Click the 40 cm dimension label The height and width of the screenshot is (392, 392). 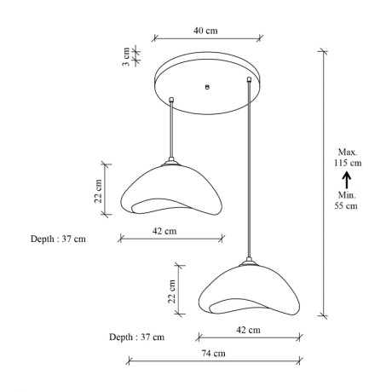(x=205, y=31)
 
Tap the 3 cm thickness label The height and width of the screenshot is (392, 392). (x=126, y=56)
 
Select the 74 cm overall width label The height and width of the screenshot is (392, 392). (x=214, y=354)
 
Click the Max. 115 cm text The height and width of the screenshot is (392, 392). (x=348, y=158)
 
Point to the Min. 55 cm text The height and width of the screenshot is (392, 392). (x=346, y=200)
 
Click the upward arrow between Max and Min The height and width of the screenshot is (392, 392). (x=347, y=180)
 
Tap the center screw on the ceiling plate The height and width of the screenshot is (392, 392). (x=207, y=87)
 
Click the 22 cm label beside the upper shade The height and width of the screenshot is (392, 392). (x=98, y=191)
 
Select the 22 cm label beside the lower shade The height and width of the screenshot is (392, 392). (x=171, y=291)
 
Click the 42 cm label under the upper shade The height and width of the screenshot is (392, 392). (x=164, y=231)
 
